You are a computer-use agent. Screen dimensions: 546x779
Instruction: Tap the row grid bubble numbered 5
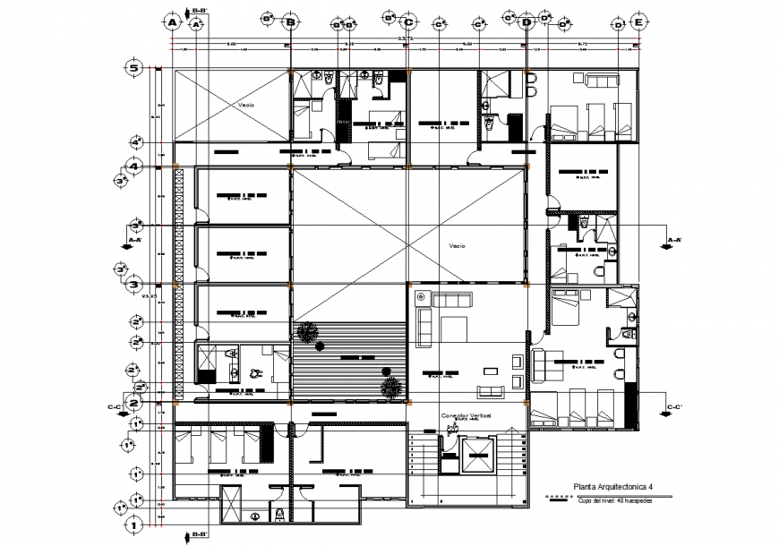pos(134,68)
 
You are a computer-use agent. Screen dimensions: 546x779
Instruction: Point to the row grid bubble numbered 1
pos(134,525)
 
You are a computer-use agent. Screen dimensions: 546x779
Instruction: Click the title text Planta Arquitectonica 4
pos(612,488)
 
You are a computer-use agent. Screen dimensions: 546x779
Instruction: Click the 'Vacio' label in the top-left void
pos(245,105)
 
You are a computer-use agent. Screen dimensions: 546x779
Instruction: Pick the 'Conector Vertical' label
pos(465,417)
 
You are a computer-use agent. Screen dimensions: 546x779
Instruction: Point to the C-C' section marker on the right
pos(675,407)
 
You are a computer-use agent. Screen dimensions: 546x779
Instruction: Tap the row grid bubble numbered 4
pos(134,166)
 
